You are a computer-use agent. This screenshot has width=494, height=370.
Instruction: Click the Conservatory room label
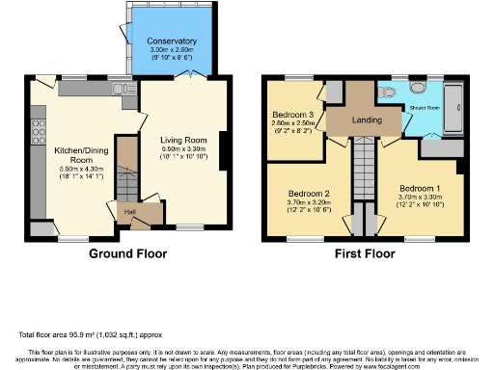coord(172,41)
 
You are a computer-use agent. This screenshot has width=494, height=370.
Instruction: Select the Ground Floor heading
coord(127,254)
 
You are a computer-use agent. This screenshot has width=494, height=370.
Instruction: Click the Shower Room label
coord(425,107)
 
